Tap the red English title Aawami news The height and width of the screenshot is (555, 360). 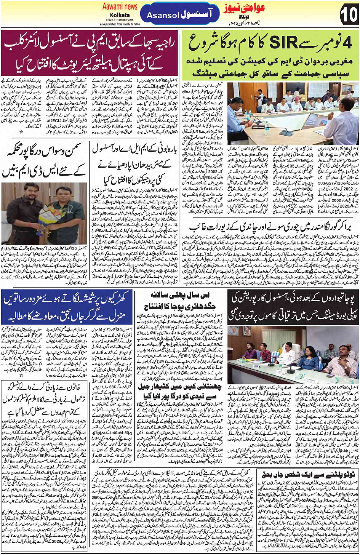point(120,6)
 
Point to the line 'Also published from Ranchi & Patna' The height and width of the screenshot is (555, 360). point(120,24)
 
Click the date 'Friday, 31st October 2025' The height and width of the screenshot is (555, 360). point(120,20)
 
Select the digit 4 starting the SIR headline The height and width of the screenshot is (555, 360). point(347,43)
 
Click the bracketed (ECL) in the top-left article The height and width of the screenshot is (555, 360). point(56,121)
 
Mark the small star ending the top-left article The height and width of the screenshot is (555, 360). point(21,132)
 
